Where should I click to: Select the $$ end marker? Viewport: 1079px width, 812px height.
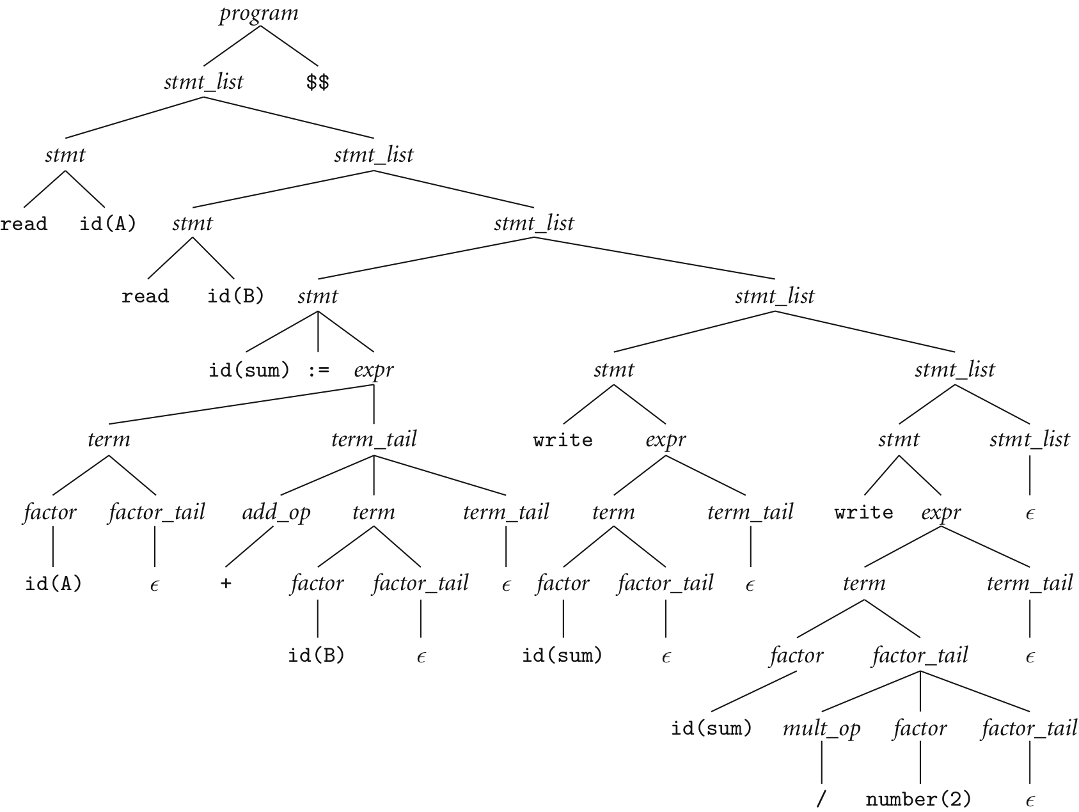pos(318,82)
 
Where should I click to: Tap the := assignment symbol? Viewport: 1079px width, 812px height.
pos(319,370)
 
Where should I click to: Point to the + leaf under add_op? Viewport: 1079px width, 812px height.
pos(226,584)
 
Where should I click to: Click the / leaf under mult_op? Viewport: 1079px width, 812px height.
pos(822,799)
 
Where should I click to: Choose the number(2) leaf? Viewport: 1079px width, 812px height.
pos(918,799)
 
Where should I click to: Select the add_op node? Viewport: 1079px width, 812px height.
pos(276,513)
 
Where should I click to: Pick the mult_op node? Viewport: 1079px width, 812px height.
pos(822,729)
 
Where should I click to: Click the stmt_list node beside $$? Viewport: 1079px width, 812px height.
pos(204,82)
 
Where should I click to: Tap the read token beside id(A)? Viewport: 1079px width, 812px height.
pos(24,224)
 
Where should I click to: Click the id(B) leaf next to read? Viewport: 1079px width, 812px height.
pos(235,297)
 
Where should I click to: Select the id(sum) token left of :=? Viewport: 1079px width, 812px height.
pos(249,370)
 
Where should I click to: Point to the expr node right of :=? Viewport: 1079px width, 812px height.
pos(374,370)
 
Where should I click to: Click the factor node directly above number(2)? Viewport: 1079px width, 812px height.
pos(920,729)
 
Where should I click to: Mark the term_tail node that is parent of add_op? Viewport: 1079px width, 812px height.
pos(374,440)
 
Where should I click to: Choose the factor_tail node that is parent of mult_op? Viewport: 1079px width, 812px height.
pos(920,656)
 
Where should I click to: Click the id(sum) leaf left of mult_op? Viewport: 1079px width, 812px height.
pos(711,729)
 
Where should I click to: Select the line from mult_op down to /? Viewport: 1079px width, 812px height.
pos(822,764)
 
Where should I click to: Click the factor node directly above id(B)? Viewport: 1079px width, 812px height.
pos(317,584)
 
